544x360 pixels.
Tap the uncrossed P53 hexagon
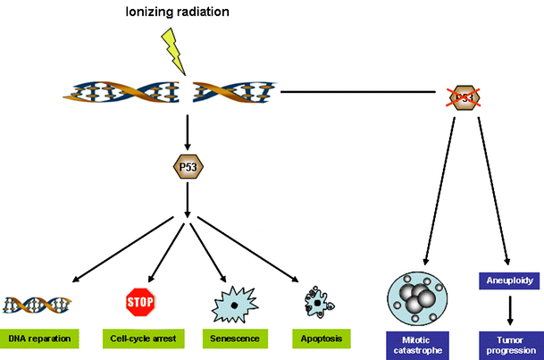tap(188, 165)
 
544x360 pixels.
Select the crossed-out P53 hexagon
tap(462, 97)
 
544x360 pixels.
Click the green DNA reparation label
tap(41, 339)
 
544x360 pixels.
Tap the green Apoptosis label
tap(319, 339)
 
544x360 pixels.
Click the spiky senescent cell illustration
tap(233, 304)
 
